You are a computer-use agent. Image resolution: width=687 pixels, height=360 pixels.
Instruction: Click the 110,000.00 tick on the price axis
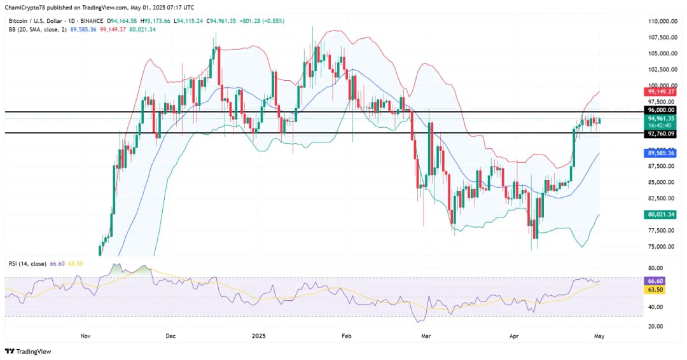click(x=662, y=21)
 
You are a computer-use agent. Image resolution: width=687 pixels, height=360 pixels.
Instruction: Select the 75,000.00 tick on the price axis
click(x=662, y=247)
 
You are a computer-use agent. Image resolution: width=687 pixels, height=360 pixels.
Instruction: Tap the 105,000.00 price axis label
click(x=662, y=53)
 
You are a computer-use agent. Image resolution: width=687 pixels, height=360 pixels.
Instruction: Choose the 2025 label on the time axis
click(x=258, y=335)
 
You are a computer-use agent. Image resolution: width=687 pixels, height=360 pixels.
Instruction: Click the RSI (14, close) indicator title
click(x=28, y=263)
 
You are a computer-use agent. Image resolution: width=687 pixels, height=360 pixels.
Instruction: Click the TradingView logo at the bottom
click(x=28, y=351)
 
